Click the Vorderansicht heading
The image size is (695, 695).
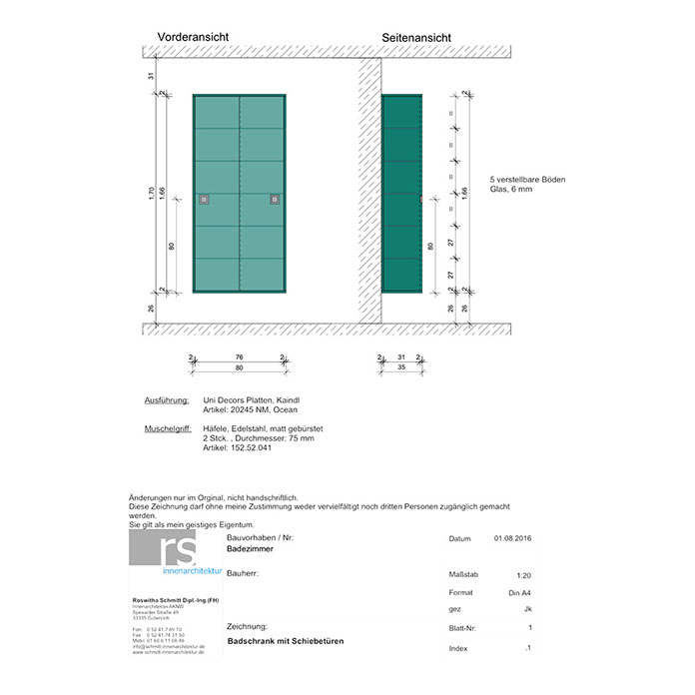(193, 37)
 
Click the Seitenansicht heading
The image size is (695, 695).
(416, 38)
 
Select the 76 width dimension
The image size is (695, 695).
(240, 357)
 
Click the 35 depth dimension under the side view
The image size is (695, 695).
(400, 368)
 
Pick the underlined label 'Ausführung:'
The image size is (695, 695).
(168, 399)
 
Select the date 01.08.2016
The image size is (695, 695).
(512, 539)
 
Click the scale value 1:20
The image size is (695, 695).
(524, 576)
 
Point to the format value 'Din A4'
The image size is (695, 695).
(521, 594)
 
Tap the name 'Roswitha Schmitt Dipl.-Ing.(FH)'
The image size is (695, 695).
(172, 599)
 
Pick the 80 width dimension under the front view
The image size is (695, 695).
(240, 368)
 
